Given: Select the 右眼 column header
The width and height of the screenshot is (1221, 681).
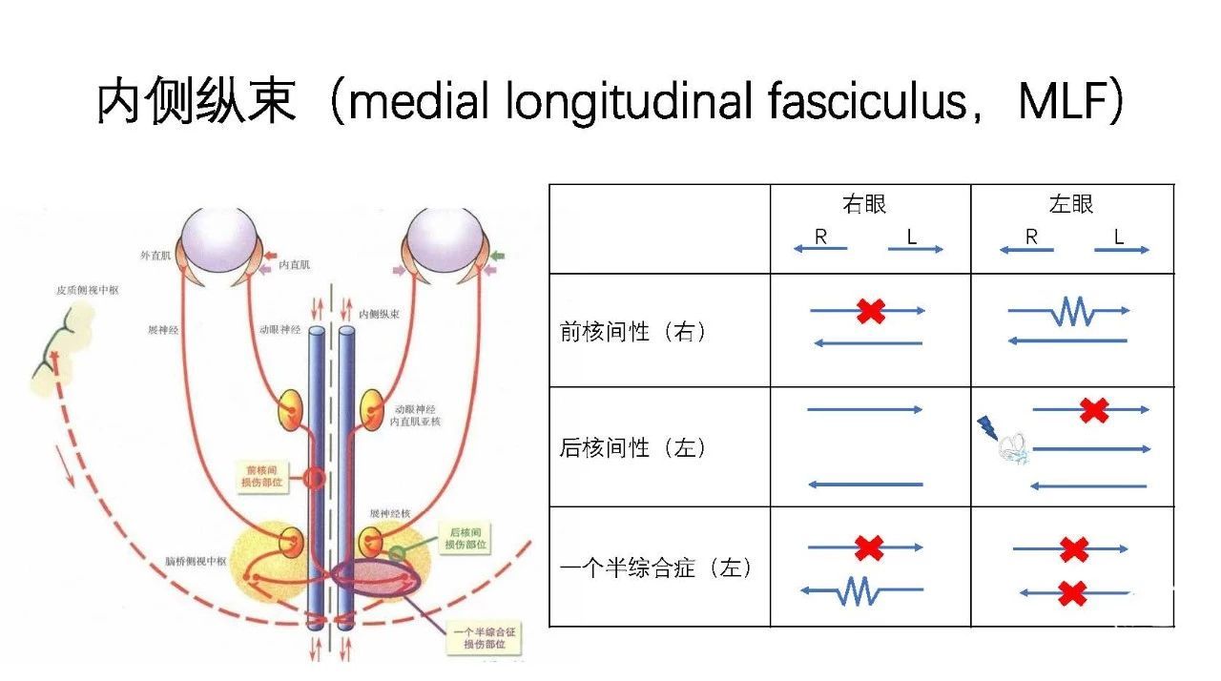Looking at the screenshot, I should point(864,204).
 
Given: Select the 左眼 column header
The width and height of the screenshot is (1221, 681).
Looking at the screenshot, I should point(1071,204).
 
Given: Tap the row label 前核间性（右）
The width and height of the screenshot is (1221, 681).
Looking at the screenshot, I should point(634,332).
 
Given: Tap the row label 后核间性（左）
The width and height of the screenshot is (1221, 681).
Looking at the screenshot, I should point(634,447).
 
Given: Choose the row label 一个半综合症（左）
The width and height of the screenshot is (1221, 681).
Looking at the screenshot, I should point(655,569).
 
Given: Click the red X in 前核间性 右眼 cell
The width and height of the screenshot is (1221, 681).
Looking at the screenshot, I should point(870,311).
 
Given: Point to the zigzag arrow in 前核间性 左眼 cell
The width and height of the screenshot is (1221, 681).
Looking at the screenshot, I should point(1069,312).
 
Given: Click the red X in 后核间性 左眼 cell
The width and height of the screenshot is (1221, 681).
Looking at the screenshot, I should point(1094,410).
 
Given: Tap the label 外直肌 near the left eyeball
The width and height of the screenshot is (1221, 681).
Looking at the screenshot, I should point(154,256).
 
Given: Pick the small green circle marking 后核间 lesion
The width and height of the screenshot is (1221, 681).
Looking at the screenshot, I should point(396,552).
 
